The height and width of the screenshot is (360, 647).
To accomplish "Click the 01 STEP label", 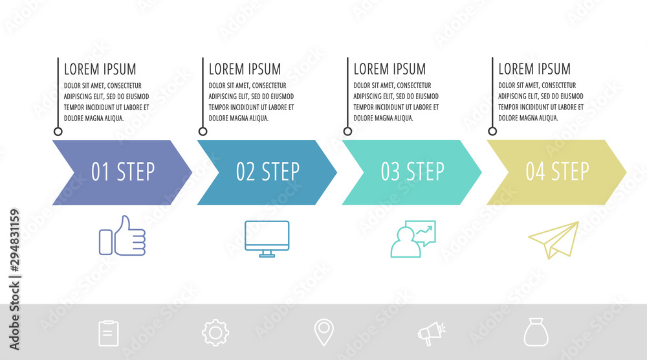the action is [x=123, y=172].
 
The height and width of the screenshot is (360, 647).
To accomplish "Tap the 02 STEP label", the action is [x=268, y=172].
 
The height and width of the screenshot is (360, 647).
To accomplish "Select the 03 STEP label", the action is [x=413, y=172].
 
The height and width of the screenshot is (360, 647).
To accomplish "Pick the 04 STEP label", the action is [x=557, y=172].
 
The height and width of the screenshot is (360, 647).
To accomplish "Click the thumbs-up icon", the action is [x=122, y=236].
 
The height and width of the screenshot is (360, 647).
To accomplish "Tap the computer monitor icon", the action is [x=267, y=238].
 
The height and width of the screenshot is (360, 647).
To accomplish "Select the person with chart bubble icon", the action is [x=413, y=239].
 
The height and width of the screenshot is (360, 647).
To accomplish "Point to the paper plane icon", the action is [x=554, y=240].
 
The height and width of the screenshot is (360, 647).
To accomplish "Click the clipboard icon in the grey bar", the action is [x=108, y=333].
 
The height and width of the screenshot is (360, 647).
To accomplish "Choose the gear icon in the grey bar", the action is [x=215, y=333].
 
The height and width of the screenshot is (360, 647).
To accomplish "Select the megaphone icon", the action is [x=431, y=333].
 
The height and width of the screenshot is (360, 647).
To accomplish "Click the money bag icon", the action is [x=536, y=333].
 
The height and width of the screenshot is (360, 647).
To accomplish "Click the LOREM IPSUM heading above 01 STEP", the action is [x=100, y=69].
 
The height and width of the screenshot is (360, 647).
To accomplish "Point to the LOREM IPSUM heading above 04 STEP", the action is [x=534, y=69].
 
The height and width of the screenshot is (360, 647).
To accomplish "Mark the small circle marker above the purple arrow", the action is [x=58, y=131].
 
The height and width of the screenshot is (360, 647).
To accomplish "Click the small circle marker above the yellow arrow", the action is [x=492, y=131].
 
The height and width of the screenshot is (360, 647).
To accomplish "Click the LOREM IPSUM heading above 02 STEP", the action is [x=245, y=69].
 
